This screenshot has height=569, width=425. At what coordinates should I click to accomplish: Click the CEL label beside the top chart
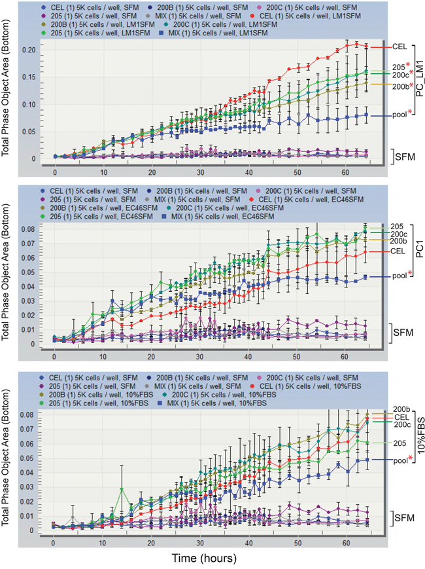point(399,47)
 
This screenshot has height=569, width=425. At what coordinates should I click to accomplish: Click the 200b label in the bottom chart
point(399,409)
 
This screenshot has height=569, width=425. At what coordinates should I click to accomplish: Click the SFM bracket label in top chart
point(403,155)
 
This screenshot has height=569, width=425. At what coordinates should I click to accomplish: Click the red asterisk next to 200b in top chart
point(409,84)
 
